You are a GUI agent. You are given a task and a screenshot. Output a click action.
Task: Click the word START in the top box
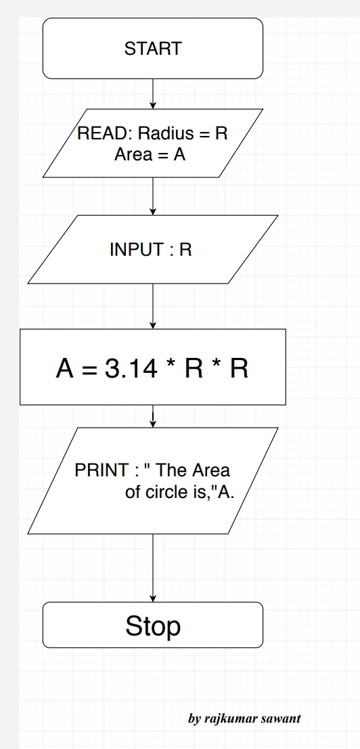[x=153, y=49]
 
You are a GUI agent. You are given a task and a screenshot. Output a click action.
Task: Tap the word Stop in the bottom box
[x=153, y=626]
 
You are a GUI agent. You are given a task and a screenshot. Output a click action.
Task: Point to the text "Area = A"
[x=150, y=154]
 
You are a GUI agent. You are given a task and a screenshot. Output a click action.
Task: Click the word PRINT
[x=102, y=470]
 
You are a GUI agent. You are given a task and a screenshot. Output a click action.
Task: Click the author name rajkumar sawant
[x=252, y=718]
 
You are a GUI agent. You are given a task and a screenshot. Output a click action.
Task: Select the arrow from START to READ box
[x=153, y=93]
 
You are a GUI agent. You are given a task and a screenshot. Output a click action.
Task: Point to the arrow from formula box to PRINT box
[x=153, y=416]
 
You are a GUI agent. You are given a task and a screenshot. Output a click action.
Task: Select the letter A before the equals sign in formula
[x=64, y=369]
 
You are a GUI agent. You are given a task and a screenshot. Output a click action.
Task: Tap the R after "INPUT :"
[x=185, y=250]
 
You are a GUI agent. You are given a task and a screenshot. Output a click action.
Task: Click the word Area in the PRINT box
[x=211, y=470]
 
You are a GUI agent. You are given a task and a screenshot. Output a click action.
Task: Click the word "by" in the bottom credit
[x=194, y=718]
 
